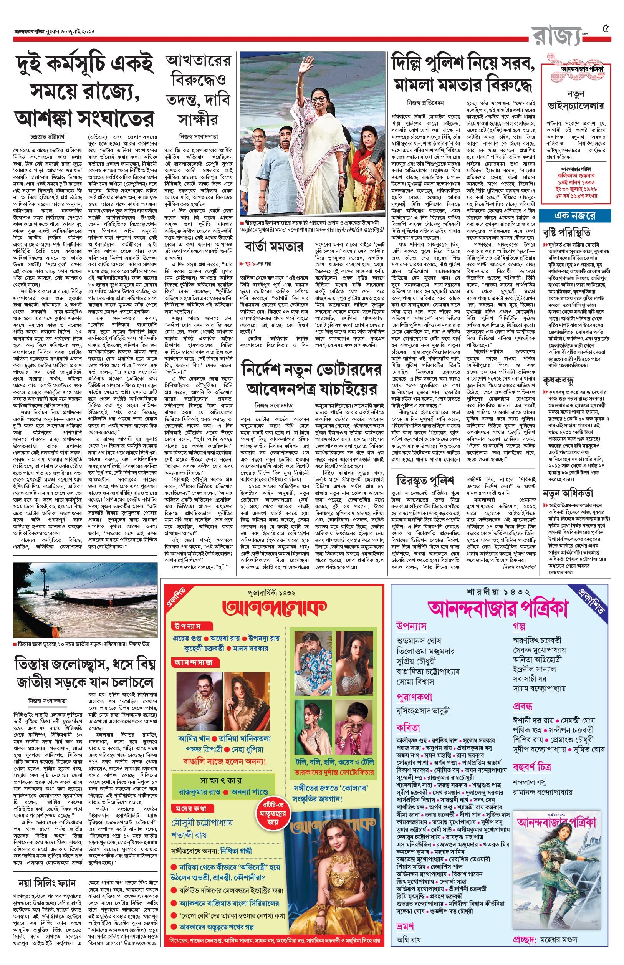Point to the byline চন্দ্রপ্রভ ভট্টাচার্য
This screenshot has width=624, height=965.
[x=47, y=137]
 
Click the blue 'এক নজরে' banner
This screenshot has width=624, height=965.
[x=575, y=216]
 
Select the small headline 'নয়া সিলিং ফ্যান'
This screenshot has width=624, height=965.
[x=47, y=872]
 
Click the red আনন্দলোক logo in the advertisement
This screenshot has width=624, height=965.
[x=274, y=607]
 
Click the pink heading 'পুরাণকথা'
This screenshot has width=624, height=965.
[x=414, y=697]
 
